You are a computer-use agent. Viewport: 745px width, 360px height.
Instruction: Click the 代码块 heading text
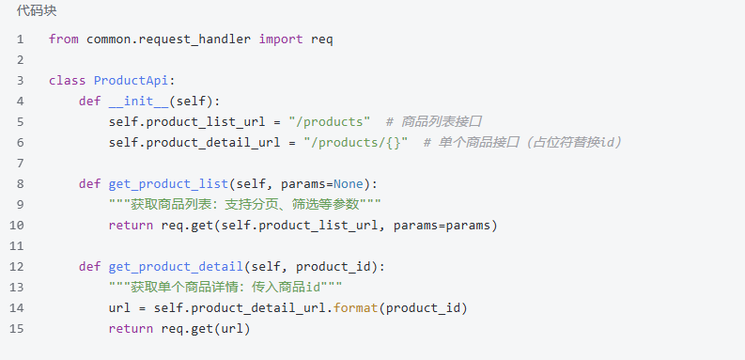tap(37, 11)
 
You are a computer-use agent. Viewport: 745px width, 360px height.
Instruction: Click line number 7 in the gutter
tap(20, 164)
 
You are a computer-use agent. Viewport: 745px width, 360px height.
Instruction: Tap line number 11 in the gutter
tap(16, 246)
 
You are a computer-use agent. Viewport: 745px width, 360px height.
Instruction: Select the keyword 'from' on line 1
tap(64, 39)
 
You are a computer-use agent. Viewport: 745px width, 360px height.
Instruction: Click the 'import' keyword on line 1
tap(281, 39)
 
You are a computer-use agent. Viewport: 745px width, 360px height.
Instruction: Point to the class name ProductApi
tap(131, 81)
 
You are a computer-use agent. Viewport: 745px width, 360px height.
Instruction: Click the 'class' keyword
tap(67, 81)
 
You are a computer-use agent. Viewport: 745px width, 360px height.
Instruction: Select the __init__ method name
tap(138, 102)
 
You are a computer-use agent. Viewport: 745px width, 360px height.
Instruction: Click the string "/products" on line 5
tap(329, 122)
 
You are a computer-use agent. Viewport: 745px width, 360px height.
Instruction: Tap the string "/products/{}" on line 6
tap(356, 143)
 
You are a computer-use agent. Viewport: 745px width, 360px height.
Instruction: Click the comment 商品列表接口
tap(434, 122)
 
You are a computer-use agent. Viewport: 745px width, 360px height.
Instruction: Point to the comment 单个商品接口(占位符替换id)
tap(522, 143)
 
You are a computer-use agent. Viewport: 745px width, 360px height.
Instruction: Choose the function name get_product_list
tap(169, 184)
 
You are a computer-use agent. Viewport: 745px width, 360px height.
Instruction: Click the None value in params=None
tap(349, 184)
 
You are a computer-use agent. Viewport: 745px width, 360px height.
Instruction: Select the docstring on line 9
tap(244, 205)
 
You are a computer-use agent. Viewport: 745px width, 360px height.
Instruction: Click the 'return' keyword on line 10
tap(131, 226)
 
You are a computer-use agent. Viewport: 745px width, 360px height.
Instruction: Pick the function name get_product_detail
tap(176, 267)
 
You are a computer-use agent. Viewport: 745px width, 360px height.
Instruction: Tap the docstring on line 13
tap(225, 288)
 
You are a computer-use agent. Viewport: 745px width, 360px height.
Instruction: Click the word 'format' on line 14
tap(355, 308)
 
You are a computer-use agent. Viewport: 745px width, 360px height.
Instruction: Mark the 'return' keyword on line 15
tap(131, 329)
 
